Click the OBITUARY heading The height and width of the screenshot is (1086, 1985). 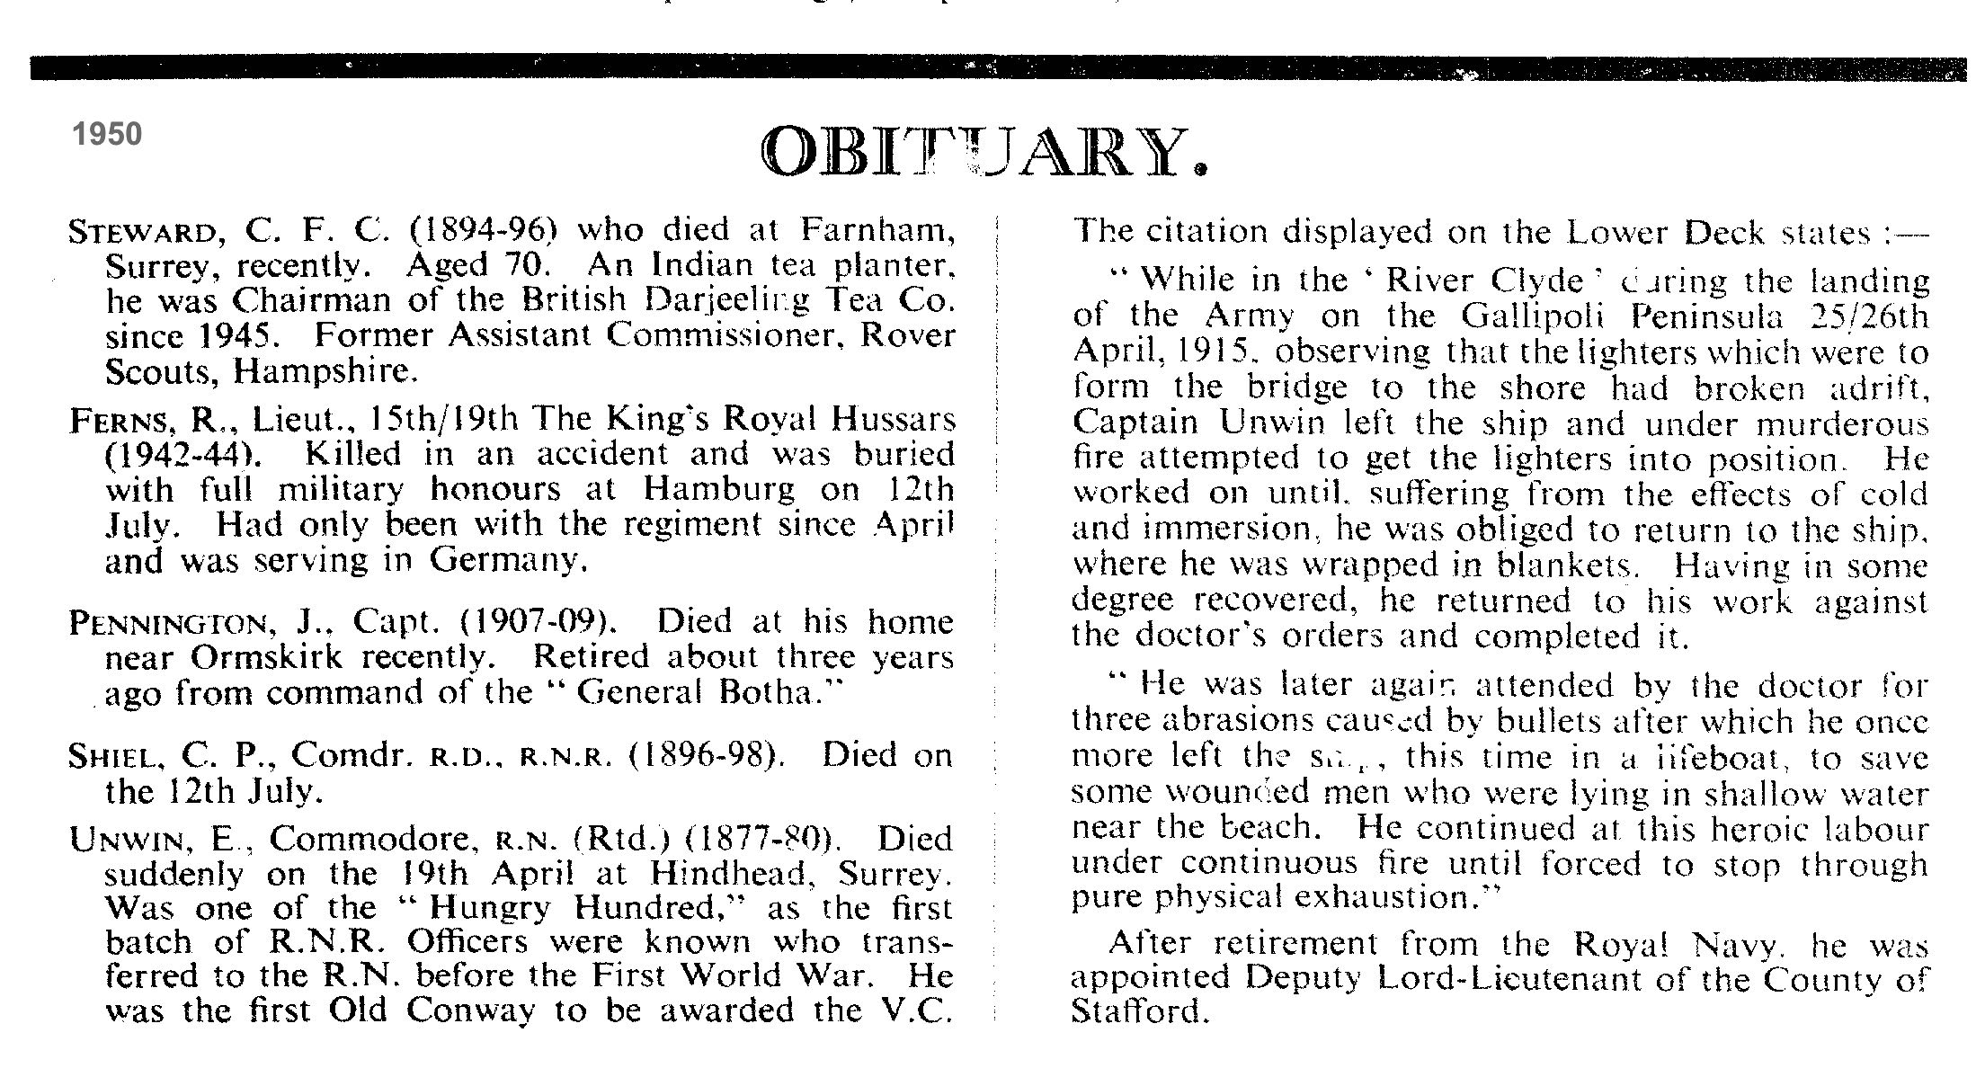coord(984,153)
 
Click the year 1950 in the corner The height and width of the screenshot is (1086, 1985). coord(107,134)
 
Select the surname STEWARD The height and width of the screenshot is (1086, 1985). coord(143,233)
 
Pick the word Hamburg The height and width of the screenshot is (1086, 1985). coord(720,490)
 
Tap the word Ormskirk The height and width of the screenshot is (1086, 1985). coord(266,658)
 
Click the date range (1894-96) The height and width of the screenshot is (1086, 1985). coord(485,232)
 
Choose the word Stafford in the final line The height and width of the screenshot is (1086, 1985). coord(1137,1012)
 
